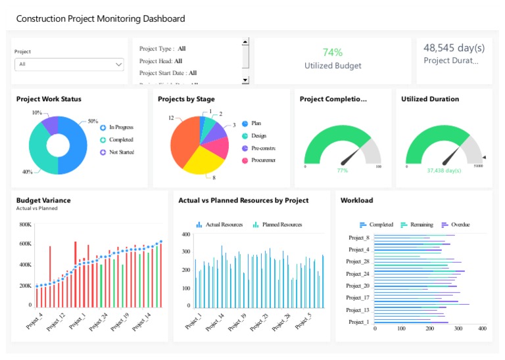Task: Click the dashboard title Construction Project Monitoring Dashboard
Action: [x=100, y=18]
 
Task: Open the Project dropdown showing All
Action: [x=69, y=64]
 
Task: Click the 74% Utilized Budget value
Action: [x=332, y=53]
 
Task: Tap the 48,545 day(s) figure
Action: [x=454, y=47]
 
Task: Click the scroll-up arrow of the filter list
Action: [x=245, y=42]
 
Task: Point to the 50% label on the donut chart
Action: [x=93, y=122]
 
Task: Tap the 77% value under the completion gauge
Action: [x=342, y=171]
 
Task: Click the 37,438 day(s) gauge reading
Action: [x=444, y=171]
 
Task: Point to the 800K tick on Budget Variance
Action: [x=26, y=225]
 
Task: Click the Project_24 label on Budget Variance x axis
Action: [x=97, y=321]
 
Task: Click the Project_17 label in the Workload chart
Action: [x=358, y=298]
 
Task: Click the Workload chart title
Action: [x=356, y=200]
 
